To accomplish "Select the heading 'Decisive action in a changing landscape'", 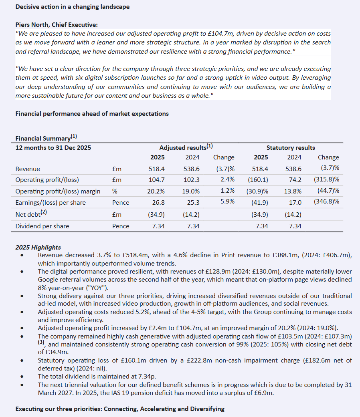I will pos(72,7).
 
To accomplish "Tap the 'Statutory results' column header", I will pos(291,147).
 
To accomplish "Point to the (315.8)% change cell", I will pos(327,179).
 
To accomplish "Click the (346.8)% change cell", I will pos(327,202).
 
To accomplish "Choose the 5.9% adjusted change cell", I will pos(227,201).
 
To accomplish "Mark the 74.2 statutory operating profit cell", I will pos(294,179).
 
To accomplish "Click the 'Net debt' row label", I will pos(28,214).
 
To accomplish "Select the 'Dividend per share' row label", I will pos(42,226).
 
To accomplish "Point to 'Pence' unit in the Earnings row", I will pos(121,202).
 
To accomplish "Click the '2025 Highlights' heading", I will pos(38,247).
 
